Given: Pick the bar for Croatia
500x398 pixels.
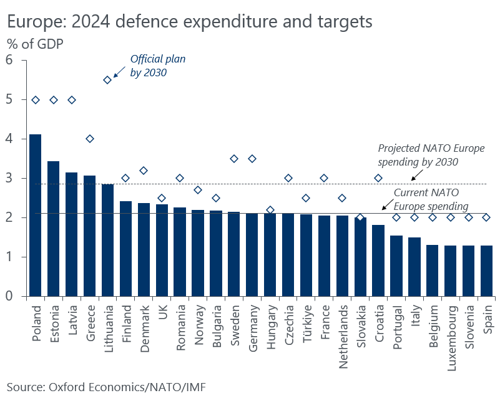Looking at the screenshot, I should (x=378, y=261).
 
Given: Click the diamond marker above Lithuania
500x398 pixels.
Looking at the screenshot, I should (x=107, y=80).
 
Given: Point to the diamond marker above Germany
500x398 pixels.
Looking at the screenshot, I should (x=252, y=159).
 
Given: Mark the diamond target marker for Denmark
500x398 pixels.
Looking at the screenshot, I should (x=144, y=171).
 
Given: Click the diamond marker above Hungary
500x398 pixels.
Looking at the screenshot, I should (x=270, y=210).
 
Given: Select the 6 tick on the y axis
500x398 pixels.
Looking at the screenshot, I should (x=9, y=60).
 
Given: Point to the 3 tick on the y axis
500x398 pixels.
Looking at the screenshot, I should (x=9, y=179).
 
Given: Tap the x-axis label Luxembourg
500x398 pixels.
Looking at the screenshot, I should (x=450, y=337).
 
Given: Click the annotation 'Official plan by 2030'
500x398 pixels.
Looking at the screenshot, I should (x=157, y=65).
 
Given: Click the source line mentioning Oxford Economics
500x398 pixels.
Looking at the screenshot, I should (x=106, y=387).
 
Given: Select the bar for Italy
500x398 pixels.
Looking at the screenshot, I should (x=414, y=267).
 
